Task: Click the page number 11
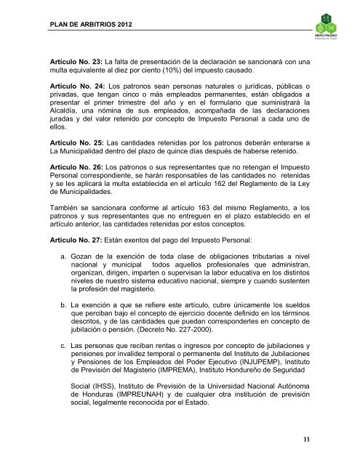coord(327,438)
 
